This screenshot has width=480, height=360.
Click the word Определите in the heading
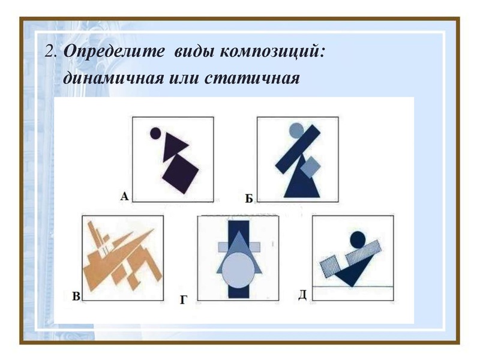[x=114, y=52]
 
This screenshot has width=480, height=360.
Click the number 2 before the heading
[x=49, y=52]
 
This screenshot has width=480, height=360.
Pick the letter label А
[x=124, y=195]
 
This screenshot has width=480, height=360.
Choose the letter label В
[x=76, y=295]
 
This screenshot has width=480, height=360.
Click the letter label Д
[x=302, y=294]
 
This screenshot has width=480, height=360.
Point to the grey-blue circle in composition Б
[x=296, y=129]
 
